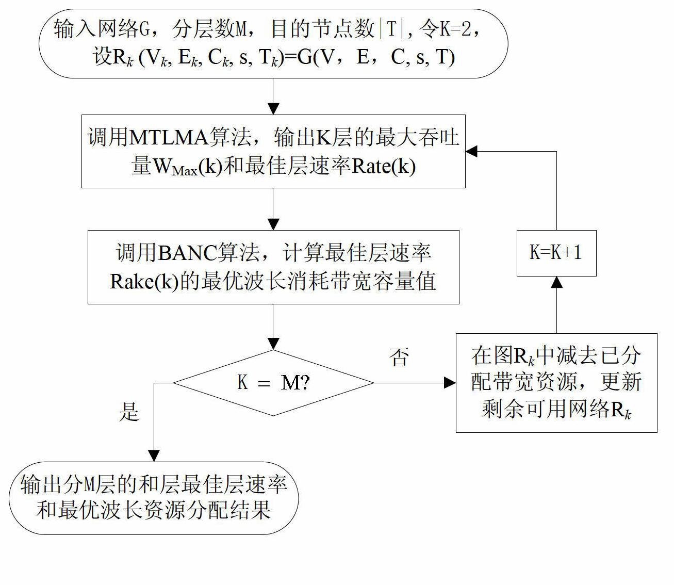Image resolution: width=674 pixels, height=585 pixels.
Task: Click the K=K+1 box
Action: point(556,253)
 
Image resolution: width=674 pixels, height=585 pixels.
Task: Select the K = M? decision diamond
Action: point(273,383)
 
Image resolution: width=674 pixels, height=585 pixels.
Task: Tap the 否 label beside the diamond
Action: point(399,357)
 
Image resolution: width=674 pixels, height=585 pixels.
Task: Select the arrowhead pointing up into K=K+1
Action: point(556,282)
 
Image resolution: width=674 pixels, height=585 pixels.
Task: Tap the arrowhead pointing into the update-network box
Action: point(450,383)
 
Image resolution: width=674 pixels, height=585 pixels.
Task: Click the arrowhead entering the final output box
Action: point(154,456)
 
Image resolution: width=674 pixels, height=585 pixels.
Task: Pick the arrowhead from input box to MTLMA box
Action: point(273,109)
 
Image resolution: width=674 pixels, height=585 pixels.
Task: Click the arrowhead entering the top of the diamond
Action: point(273,344)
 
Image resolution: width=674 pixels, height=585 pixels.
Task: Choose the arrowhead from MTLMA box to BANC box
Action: point(273,224)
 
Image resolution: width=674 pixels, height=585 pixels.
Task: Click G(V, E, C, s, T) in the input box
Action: point(376,57)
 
